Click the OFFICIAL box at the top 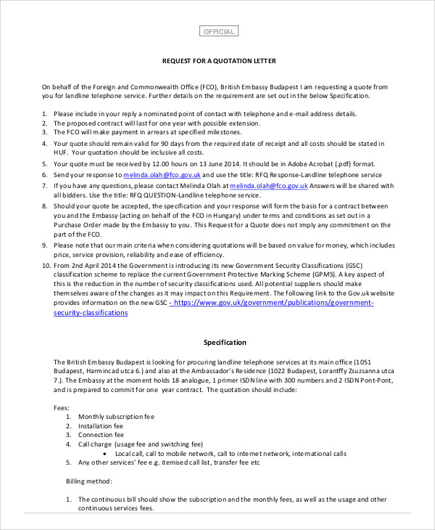[x=218, y=31]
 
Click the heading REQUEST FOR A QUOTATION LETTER [x=218, y=61]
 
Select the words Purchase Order [x=83, y=225]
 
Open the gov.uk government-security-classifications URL [x=273, y=303]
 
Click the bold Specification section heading [x=224, y=342]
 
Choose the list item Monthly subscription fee [x=116, y=417]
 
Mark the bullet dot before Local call [x=107, y=453]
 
